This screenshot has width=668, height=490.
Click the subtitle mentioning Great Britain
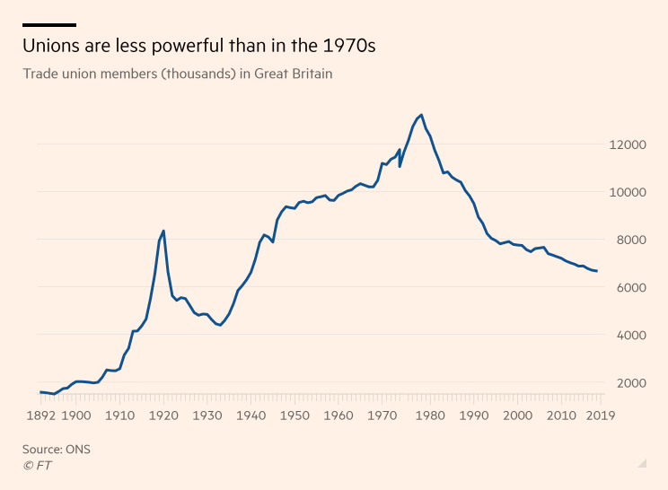(178, 74)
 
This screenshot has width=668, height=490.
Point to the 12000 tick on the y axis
(627, 144)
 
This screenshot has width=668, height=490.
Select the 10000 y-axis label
(627, 192)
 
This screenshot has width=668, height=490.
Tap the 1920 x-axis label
(163, 416)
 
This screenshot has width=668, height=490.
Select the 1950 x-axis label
(294, 416)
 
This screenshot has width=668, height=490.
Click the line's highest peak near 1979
(422, 115)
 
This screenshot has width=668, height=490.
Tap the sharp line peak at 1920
(163, 231)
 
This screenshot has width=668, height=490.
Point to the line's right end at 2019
(597, 271)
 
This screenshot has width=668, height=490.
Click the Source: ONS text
(57, 449)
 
